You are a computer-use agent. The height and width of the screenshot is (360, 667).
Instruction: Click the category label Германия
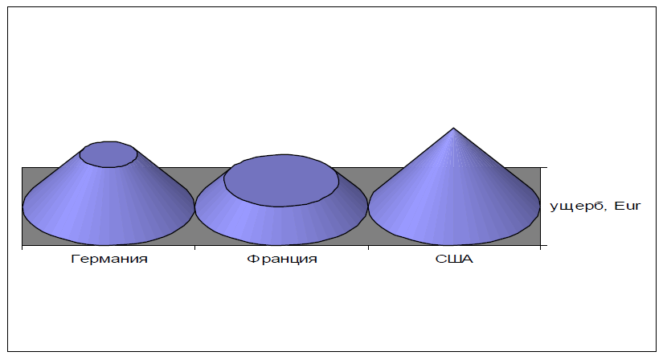coord(108,260)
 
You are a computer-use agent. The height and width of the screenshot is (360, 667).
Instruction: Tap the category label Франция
coord(282,260)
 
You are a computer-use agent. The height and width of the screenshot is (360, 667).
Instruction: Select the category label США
coord(454,260)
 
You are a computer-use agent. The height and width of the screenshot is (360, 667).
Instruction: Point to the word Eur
coord(625,207)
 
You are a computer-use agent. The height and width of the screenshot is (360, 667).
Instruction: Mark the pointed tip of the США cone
coord(454,129)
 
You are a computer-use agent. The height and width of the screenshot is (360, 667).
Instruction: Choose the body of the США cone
coord(454,201)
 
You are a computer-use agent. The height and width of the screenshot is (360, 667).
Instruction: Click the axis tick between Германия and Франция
coord(195,248)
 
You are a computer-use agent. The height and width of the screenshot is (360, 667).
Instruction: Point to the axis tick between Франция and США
coord(368,248)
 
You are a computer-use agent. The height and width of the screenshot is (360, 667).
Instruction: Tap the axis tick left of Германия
coord(23,248)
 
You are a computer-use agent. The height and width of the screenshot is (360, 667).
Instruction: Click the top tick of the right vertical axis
coord(544,167)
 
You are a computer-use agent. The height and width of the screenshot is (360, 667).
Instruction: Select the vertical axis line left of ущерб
coord(542,207)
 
